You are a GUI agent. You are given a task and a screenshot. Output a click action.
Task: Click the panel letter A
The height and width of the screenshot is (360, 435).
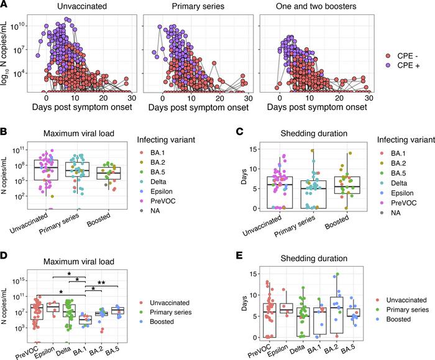(x=4, y=5)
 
